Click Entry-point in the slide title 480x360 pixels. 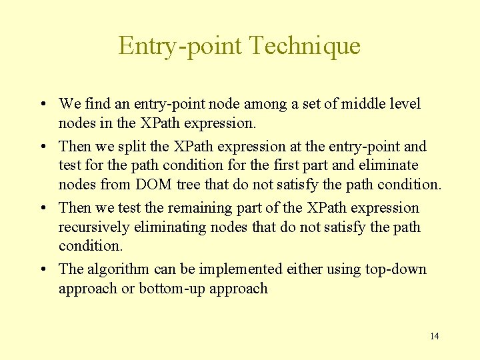(180, 45)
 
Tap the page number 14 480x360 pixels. (434, 336)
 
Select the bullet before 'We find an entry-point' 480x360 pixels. (42, 105)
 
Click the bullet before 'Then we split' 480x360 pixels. (42, 147)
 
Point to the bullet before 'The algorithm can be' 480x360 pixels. (42, 270)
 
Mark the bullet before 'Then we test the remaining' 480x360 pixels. (42, 209)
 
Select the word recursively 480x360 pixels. (94, 227)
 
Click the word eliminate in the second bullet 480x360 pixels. (393, 165)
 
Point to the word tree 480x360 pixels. (192, 184)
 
